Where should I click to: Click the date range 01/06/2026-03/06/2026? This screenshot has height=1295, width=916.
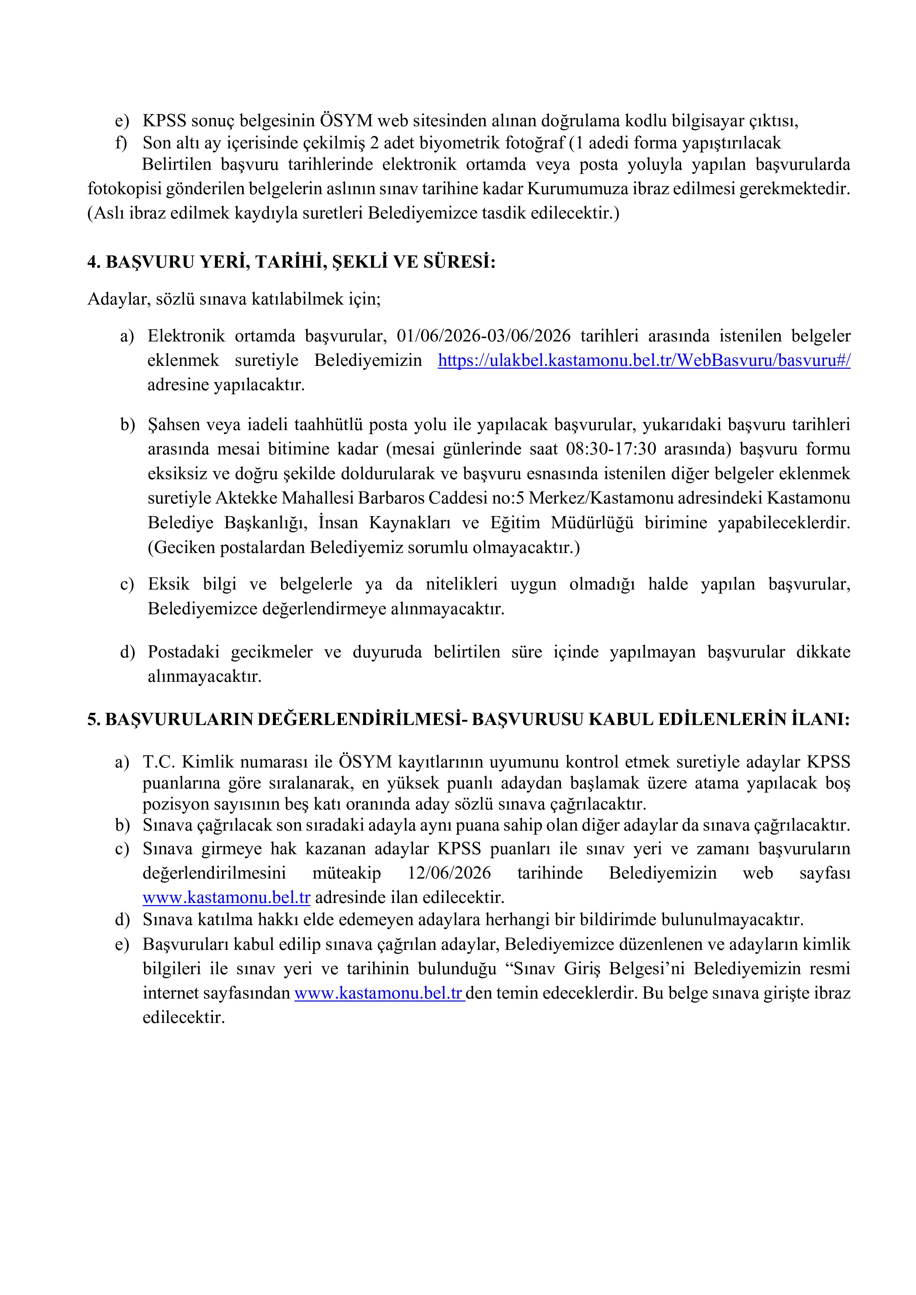484,336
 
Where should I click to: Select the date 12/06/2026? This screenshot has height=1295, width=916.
449,873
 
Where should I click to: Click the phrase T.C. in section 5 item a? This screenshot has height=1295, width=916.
157,762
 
